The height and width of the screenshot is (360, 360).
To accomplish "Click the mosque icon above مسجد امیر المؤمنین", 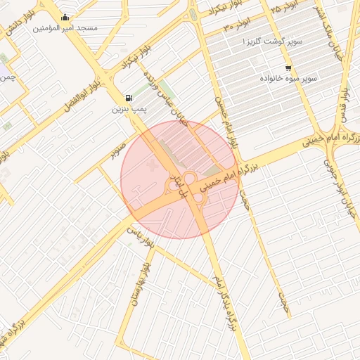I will (x=65, y=18).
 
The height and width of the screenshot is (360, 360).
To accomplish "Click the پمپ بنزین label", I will (x=129, y=110).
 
